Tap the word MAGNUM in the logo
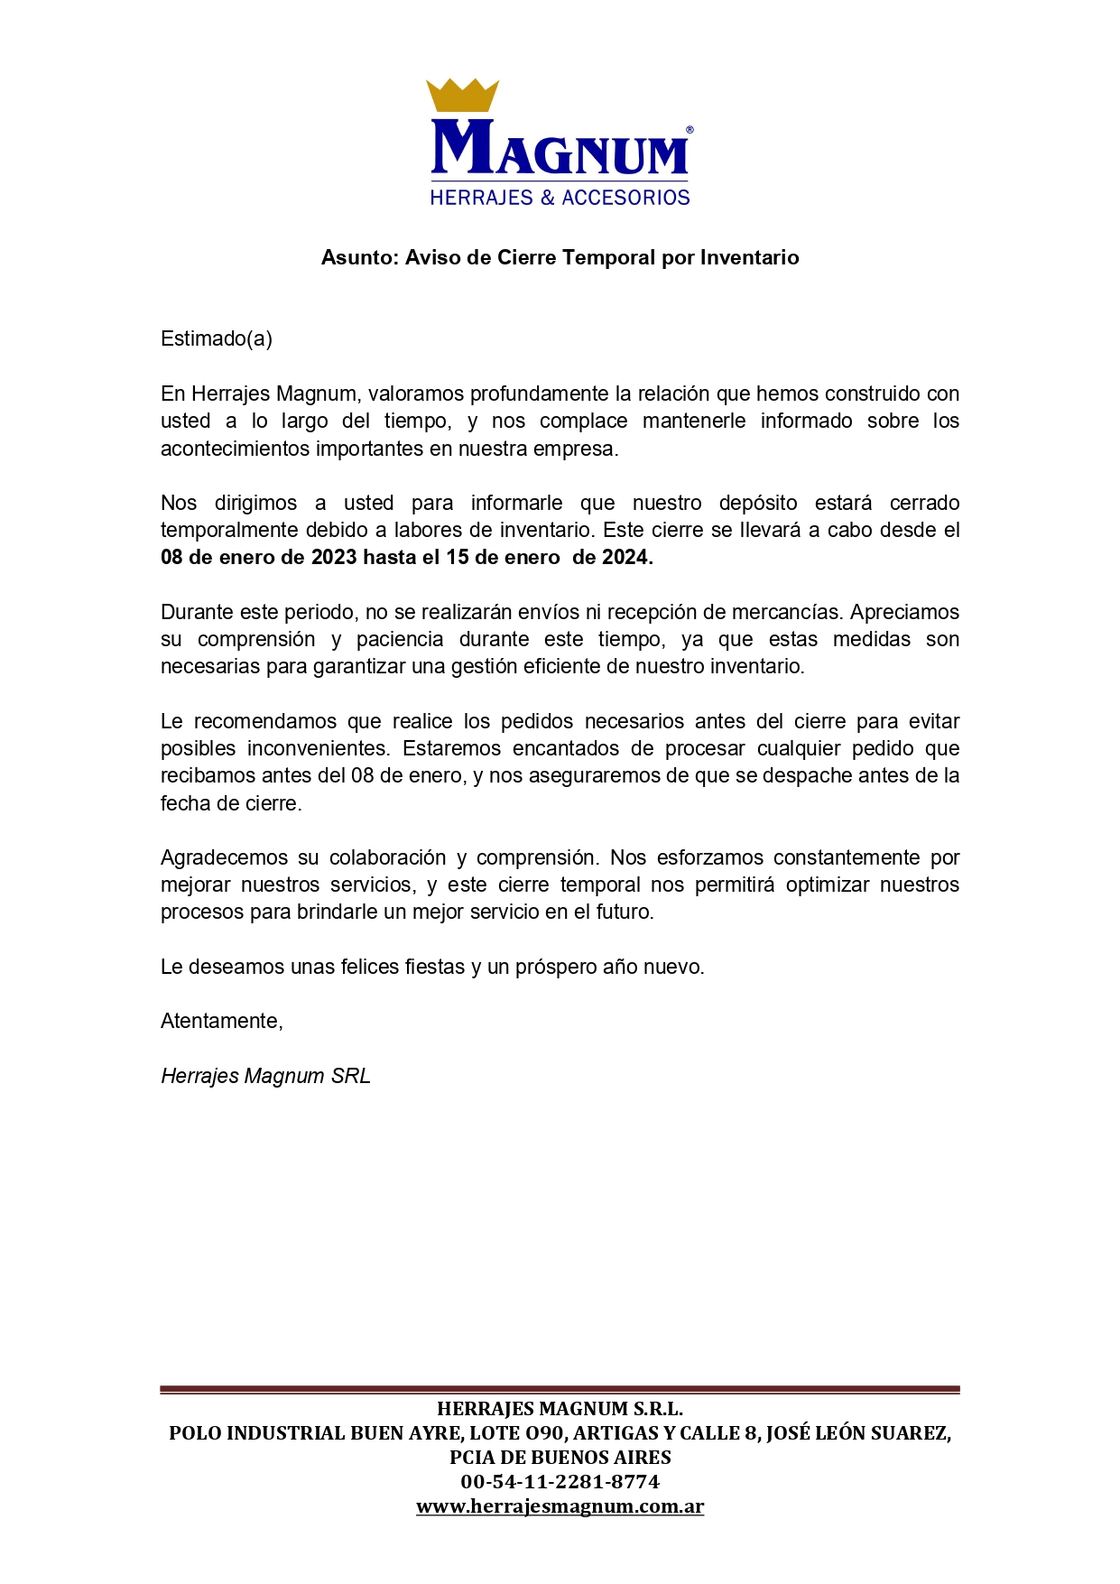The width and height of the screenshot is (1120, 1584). point(560,149)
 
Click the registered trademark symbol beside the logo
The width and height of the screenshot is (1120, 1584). point(690,131)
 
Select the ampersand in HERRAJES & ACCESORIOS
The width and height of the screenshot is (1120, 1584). point(547,198)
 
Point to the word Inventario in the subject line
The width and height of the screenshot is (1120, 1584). point(749,258)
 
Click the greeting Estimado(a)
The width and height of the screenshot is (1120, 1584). point(217,338)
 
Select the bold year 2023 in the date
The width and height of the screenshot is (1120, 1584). point(334,558)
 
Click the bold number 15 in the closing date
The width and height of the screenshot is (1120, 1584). point(458,558)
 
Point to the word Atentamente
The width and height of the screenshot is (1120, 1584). point(222,1021)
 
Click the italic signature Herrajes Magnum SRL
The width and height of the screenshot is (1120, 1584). point(265,1076)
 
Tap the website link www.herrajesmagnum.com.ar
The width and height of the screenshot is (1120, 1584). point(560,1506)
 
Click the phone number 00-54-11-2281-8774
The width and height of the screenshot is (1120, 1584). point(560,1482)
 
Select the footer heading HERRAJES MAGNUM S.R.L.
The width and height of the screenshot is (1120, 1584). point(560,1409)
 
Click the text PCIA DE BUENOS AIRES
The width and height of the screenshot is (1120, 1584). point(560,1458)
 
